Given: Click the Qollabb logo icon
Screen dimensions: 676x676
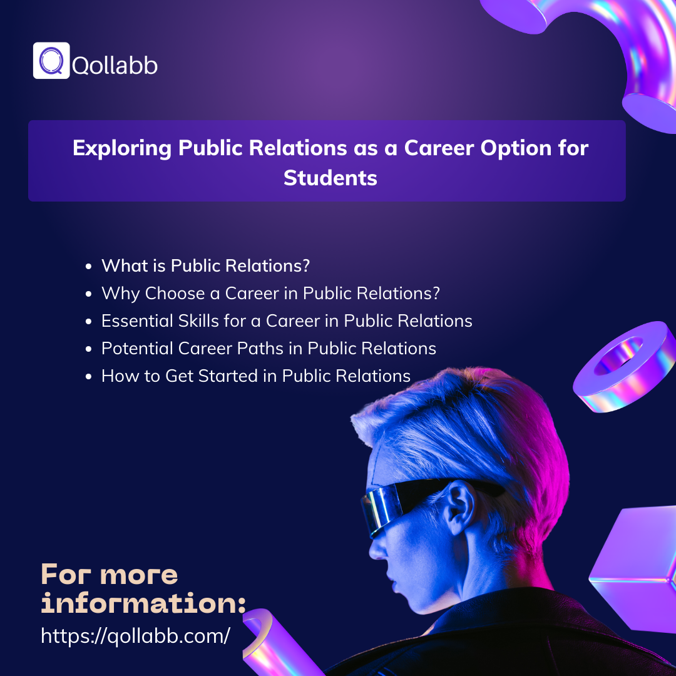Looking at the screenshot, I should click(51, 61).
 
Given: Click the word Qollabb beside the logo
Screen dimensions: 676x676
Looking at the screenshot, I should click(115, 64).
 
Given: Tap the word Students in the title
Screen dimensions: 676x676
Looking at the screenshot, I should click(330, 178).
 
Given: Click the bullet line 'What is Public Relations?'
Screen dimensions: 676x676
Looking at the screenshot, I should click(205, 265).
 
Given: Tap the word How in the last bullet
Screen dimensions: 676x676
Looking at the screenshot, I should click(116, 376).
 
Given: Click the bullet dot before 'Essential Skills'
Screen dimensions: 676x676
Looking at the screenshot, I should click(88, 322).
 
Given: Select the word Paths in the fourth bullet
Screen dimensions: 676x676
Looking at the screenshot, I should click(277, 348).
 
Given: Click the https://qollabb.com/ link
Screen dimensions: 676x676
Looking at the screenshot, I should click(135, 636).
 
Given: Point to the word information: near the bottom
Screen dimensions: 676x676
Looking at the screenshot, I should click(143, 603).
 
